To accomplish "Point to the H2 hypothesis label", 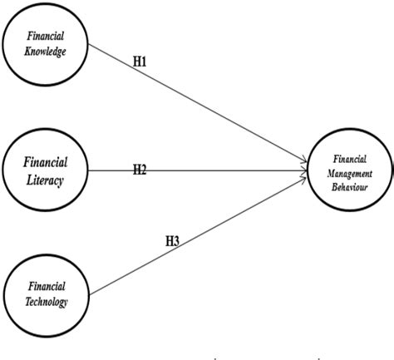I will pyautogui.click(x=140, y=170).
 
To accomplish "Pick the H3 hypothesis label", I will pyautogui.click(x=172, y=241).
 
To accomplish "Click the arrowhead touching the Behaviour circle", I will pyautogui.click(x=304, y=170).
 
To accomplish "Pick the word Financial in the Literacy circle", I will pyautogui.click(x=46, y=161).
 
